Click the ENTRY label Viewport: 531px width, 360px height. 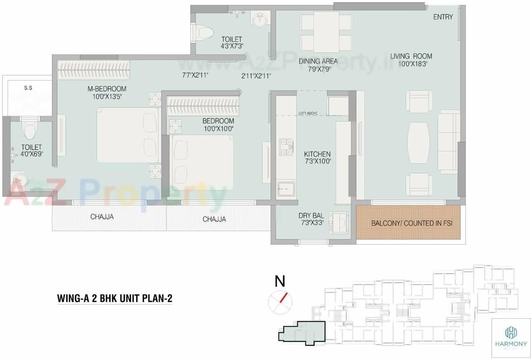click(443, 17)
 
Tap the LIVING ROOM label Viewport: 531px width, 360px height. click(411, 56)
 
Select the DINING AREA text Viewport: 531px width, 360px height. click(318, 61)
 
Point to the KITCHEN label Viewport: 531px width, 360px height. click(317, 154)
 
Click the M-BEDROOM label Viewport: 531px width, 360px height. click(107, 89)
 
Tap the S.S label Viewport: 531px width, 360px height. click(28, 88)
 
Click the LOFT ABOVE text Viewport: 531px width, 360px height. click(308, 113)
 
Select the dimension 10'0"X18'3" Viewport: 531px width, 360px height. click(411, 64)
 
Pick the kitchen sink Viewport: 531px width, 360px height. click(286, 189)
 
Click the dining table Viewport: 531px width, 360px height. click(326, 31)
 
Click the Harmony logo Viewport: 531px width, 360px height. click(511, 334)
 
